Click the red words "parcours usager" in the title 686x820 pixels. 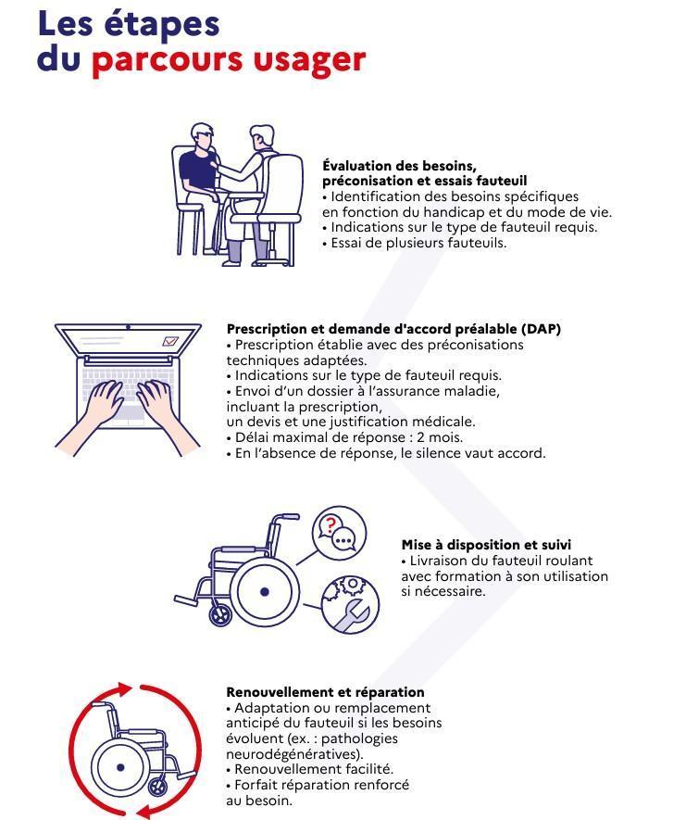(228, 59)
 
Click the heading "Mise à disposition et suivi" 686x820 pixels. (486, 545)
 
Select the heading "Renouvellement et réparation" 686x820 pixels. (325, 692)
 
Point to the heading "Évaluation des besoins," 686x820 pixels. (399, 166)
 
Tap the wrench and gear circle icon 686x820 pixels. (350, 605)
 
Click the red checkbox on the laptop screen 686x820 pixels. (169, 342)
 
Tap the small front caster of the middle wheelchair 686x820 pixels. (220, 614)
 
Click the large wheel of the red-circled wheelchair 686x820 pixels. (120, 768)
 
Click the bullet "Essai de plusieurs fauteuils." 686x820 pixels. (415, 243)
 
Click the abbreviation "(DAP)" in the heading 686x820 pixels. (541, 329)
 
